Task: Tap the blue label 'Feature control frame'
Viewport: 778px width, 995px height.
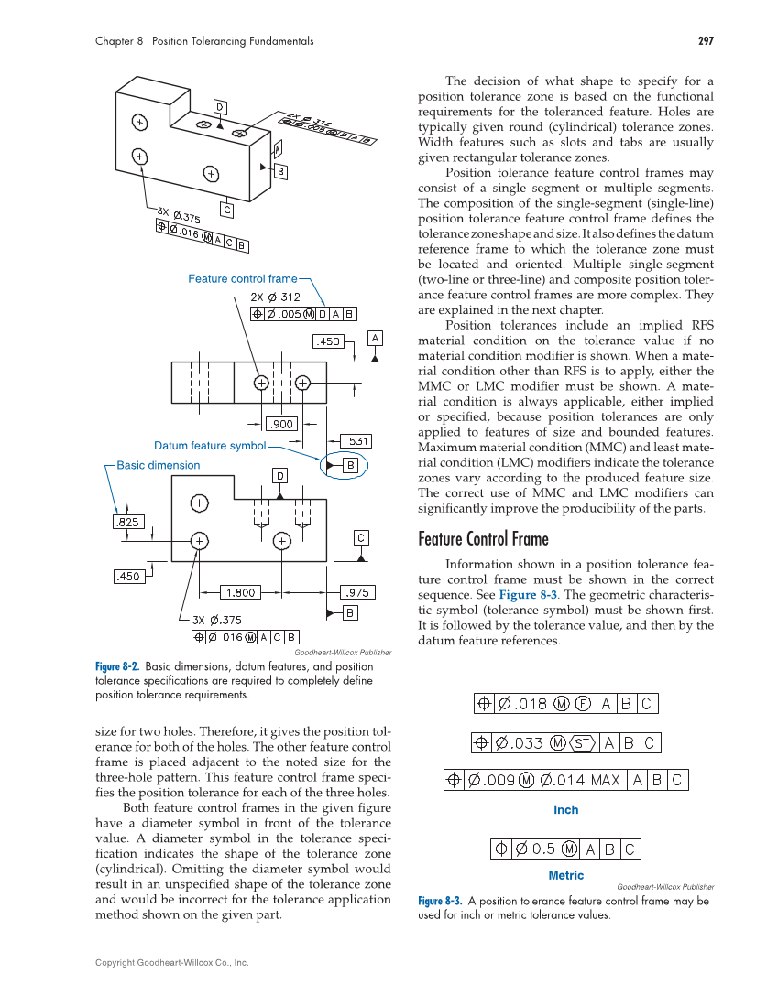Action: (x=242, y=279)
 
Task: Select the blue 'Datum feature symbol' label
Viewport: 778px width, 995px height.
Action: (x=209, y=447)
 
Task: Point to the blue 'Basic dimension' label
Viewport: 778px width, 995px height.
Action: (x=158, y=465)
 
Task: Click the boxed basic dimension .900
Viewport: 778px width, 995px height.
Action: (x=279, y=424)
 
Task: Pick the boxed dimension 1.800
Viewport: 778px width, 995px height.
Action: (x=240, y=592)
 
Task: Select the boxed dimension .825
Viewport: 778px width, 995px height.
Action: (x=126, y=522)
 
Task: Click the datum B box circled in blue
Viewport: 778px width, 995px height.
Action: (x=350, y=466)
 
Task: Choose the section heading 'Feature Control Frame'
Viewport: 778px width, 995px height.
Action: (x=483, y=538)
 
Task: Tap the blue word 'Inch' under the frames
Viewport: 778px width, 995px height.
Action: (x=565, y=810)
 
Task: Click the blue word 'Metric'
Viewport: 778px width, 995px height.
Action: (x=565, y=876)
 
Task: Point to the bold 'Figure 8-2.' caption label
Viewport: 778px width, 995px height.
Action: (x=117, y=666)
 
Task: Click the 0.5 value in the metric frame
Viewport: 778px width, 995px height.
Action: (x=544, y=849)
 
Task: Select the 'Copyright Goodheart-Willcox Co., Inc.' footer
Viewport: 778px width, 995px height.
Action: (x=172, y=963)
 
